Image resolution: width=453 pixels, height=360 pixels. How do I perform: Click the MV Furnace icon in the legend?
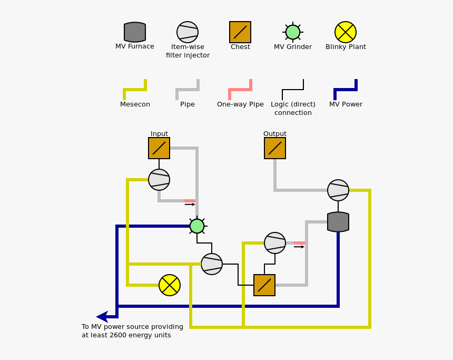click(x=135, y=32)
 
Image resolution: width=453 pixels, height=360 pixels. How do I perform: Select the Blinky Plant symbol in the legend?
click(x=346, y=32)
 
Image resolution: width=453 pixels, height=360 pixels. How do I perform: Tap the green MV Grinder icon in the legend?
click(x=293, y=32)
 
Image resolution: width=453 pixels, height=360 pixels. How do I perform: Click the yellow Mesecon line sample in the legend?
click(x=135, y=90)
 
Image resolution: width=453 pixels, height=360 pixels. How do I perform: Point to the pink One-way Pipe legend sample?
click(x=240, y=90)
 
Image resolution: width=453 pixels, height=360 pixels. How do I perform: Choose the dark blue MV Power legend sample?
click(x=346, y=90)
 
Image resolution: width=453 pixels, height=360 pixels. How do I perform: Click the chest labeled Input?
click(x=159, y=148)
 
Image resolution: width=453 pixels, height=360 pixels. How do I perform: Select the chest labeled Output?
click(x=275, y=148)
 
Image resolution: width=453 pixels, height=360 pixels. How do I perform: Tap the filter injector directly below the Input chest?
click(x=159, y=180)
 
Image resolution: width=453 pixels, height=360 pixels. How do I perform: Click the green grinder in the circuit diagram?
click(x=197, y=226)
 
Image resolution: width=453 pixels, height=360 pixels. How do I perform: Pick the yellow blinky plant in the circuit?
click(x=170, y=285)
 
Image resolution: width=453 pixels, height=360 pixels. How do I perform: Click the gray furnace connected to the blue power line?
click(x=338, y=222)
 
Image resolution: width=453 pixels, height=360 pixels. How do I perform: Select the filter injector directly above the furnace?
click(x=338, y=190)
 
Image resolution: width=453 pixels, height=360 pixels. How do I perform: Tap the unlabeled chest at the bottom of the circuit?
click(x=264, y=285)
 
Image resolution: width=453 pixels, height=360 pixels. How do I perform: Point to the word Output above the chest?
click(x=275, y=134)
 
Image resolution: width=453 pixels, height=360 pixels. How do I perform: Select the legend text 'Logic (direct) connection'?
click(x=293, y=109)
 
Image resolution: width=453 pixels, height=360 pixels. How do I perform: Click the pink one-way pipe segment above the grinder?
click(x=190, y=201)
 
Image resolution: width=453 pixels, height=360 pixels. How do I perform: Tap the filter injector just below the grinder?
click(x=212, y=264)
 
